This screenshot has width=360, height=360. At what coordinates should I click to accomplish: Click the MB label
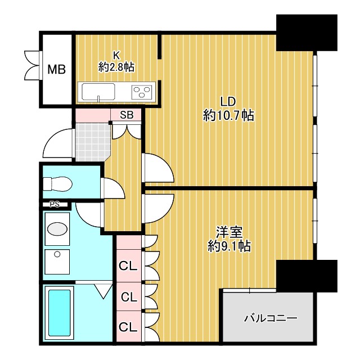(56, 70)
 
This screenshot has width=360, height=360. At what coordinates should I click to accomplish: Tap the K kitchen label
(117, 55)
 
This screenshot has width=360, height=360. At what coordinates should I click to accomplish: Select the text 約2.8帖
(117, 67)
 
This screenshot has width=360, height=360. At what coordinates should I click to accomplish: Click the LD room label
(227, 102)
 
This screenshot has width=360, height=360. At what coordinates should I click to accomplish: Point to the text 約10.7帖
(228, 116)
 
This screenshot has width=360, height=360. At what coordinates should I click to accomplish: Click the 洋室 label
(228, 232)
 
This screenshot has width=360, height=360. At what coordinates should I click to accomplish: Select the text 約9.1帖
(228, 246)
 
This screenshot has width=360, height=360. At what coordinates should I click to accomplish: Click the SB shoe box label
(127, 115)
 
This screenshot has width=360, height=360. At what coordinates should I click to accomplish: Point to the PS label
(55, 204)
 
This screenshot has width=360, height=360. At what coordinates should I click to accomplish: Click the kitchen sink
(98, 91)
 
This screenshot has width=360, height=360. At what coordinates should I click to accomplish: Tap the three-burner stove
(143, 91)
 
